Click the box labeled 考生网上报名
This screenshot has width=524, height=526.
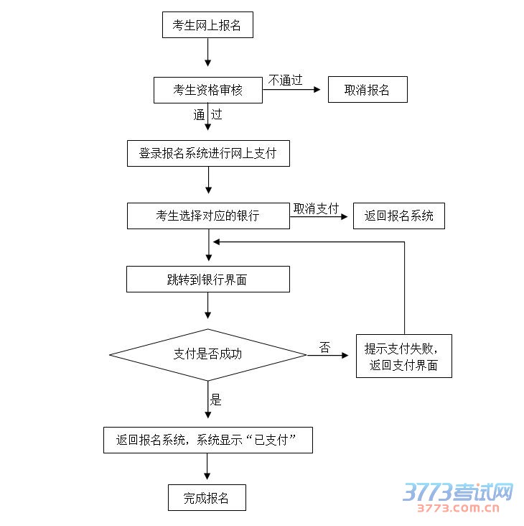207,25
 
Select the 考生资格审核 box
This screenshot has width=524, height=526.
207,90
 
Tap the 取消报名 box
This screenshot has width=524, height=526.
368,90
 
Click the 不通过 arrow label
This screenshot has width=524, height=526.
285,80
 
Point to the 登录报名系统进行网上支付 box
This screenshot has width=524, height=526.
208,153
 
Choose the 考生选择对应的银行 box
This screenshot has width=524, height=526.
208,216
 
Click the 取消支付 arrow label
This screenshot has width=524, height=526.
316,208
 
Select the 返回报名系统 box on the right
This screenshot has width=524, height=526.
398,216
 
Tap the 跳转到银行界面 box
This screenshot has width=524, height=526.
208,280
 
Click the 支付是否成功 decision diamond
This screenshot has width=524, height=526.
207,354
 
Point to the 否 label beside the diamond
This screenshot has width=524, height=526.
324,348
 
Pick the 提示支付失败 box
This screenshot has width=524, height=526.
404,356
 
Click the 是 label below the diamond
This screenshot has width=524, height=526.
215,400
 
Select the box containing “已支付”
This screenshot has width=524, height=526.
208,440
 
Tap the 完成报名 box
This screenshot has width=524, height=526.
207,498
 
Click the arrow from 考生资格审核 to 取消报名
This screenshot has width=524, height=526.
294,90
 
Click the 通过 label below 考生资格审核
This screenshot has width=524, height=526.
207,114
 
